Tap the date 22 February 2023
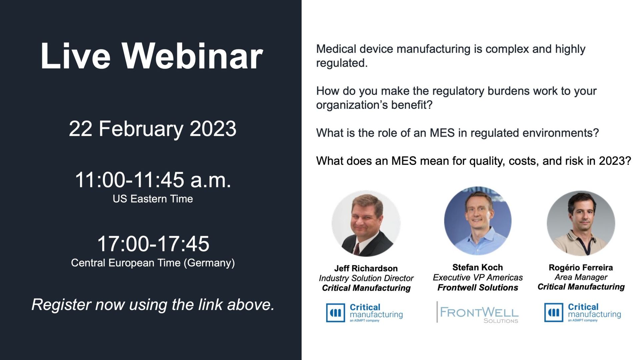[153, 129]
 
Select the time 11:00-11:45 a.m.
[153, 180]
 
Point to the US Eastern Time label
[153, 199]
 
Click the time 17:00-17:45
[153, 244]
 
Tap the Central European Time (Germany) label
[153, 263]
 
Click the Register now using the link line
[153, 304]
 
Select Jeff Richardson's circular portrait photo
[366, 223]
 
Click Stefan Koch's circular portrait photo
[478, 221]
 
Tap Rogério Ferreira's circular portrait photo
[581, 223]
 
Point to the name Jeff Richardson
[366, 268]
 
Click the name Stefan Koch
[478, 267]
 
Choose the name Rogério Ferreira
[581, 267]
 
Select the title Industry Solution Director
[366, 278]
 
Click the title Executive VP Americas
[478, 277]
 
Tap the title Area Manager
[581, 277]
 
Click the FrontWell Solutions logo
[478, 312]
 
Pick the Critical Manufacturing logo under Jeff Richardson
[364, 313]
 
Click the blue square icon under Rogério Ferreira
[554, 312]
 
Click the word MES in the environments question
[442, 133]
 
